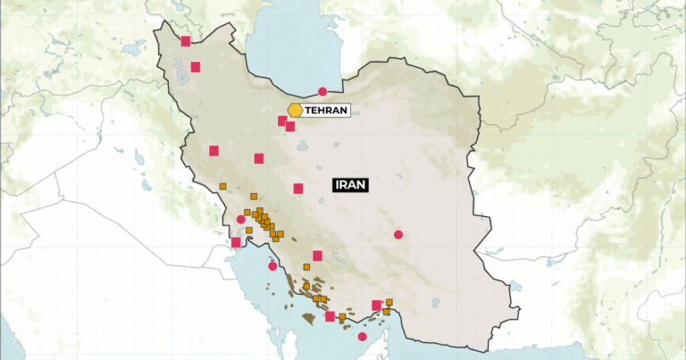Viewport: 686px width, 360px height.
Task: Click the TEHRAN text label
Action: tap(325, 110)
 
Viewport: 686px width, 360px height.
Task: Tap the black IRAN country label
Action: tap(350, 186)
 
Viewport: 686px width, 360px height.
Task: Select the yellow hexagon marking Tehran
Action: tap(295, 110)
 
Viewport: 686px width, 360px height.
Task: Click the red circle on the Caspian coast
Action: tap(322, 91)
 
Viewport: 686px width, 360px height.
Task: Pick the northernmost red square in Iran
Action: tap(186, 40)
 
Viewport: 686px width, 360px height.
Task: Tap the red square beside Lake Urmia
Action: tap(196, 66)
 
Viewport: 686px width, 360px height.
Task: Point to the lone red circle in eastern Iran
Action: tap(398, 235)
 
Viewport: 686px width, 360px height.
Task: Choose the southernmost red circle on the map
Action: tap(362, 337)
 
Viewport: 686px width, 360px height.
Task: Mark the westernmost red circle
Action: tap(240, 219)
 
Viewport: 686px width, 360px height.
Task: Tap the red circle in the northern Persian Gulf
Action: tap(272, 265)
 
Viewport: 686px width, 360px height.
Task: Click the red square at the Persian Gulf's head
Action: tap(236, 242)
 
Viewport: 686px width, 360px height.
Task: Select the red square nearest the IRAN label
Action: tap(298, 188)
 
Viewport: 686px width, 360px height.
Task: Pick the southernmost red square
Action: tap(330, 316)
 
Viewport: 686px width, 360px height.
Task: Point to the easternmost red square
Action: tap(376, 306)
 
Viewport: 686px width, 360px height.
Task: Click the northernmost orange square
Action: tap(222, 186)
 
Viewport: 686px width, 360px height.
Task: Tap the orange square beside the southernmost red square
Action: tap(342, 316)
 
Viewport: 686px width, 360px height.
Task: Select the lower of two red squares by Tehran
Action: tap(290, 127)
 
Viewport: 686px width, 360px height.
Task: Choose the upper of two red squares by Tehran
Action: tap(282, 121)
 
